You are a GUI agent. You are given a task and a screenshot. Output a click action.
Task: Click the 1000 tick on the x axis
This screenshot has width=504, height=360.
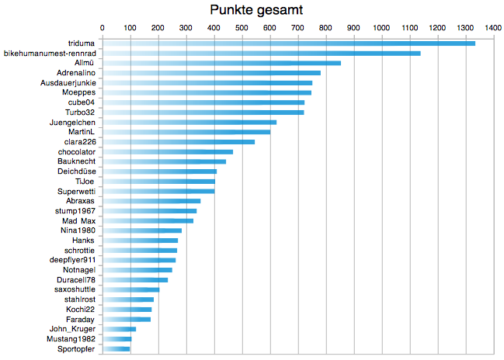[x=381, y=28]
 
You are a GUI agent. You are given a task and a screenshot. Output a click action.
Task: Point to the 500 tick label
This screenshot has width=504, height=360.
[x=242, y=28]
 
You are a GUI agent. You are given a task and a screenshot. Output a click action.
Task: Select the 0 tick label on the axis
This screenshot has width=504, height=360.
[x=103, y=28]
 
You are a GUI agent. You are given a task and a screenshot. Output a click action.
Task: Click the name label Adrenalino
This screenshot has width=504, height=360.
[x=76, y=73]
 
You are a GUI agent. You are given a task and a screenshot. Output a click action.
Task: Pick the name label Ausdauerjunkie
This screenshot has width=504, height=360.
[x=68, y=83]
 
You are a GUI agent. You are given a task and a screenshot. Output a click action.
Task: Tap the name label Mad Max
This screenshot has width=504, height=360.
[x=78, y=221]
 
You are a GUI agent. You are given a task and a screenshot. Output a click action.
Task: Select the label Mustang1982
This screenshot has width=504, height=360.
[x=71, y=339]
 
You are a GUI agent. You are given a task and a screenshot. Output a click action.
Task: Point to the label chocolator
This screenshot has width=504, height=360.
[x=77, y=152]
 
